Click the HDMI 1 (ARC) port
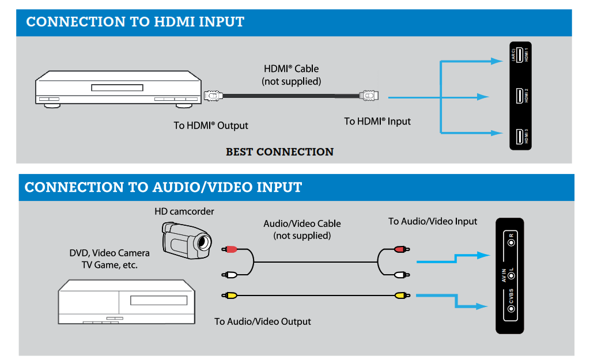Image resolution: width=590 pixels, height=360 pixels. pos(519,55)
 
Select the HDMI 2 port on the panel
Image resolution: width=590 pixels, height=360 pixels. pos(519,96)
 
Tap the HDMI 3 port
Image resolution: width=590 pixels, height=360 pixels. pos(519,137)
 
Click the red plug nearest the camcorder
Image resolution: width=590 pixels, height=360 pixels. pos(230,249)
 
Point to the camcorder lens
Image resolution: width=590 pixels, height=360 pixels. pos(203,245)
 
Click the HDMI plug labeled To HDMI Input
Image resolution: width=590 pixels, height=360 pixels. pos(369,96)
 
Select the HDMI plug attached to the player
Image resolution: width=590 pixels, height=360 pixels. pos(214,96)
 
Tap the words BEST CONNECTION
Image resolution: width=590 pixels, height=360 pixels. pos(279,152)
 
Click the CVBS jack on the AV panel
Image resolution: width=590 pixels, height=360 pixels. pos(511,309)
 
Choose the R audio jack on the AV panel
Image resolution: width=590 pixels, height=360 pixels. pos(511,242)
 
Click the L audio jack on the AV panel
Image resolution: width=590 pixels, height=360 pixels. pos(511,276)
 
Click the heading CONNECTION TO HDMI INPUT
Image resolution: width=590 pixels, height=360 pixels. pos(135,22)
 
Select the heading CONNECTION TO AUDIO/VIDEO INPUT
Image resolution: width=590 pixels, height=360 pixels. pos(163,187)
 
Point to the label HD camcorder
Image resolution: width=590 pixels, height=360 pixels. pos(184,211)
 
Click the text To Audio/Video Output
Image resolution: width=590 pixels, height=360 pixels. pos(263,321)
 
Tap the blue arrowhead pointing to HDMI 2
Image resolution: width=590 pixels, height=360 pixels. pos(483,97)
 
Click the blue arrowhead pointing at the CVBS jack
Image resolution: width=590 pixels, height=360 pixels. pos(483,306)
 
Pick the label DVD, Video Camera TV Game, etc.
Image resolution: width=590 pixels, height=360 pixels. pos(109,259)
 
